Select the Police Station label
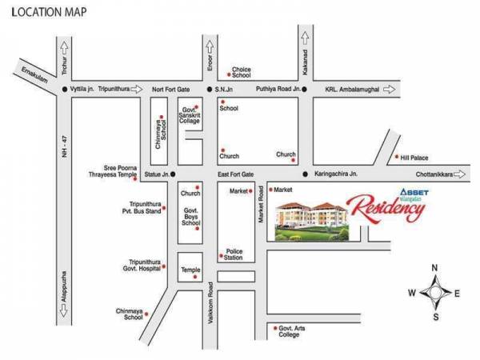(234, 254)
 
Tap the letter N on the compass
(434, 267)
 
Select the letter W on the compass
(411, 293)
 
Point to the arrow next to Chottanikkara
(471, 174)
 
